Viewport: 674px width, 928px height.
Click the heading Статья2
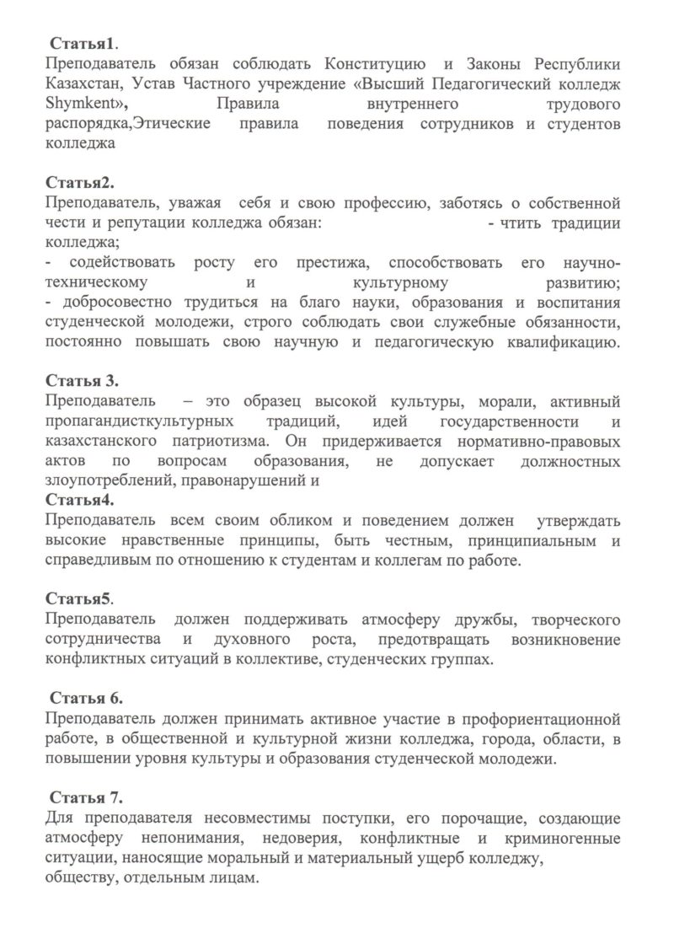point(79,182)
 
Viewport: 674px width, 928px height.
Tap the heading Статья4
point(79,500)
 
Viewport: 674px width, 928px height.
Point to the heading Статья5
point(79,599)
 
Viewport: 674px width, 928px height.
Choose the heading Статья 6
point(87,699)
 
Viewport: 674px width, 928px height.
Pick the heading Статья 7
point(87,797)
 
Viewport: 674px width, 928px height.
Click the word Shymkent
point(84,104)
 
